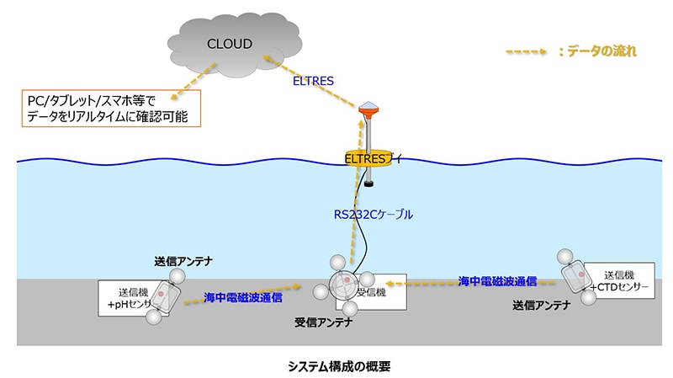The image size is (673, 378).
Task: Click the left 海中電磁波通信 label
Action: point(242,297)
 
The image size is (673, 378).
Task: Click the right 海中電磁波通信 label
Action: point(497,280)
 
